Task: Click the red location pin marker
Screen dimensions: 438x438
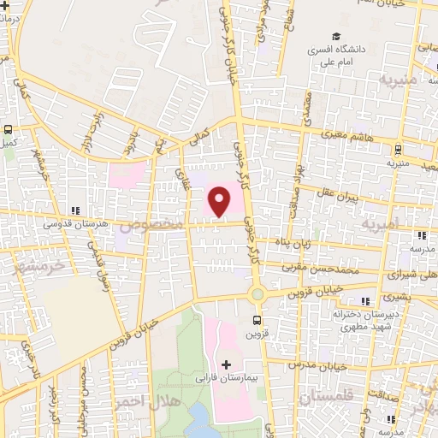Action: (220, 203)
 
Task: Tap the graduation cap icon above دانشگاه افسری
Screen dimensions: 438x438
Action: (337, 38)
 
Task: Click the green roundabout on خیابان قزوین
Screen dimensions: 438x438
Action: (256, 294)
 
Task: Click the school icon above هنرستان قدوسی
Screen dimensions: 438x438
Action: (76, 210)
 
